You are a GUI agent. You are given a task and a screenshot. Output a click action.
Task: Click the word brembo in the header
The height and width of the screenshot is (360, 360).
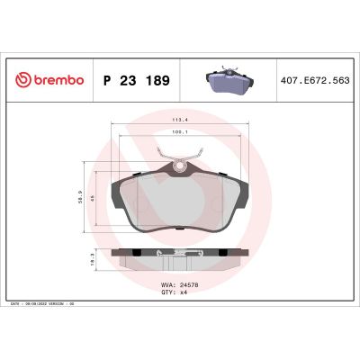(59, 80)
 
